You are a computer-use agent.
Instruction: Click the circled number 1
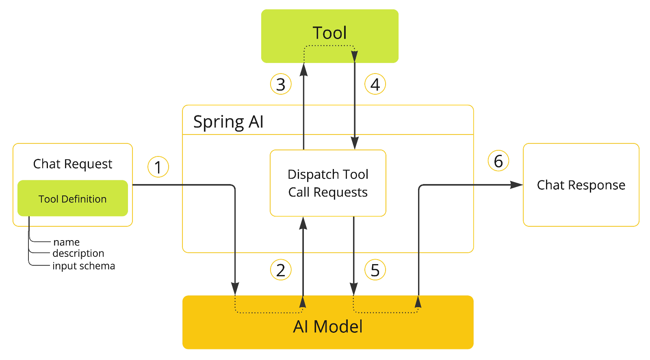[x=158, y=167]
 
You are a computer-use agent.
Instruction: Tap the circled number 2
[x=281, y=270]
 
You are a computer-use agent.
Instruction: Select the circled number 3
[x=281, y=85]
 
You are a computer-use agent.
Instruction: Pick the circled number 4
[x=375, y=85]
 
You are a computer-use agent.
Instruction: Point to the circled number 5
[x=375, y=270]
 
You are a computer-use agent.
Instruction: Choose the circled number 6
[x=498, y=161]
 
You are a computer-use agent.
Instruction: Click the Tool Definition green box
[x=73, y=199]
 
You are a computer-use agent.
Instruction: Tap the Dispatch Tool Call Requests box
[x=328, y=183]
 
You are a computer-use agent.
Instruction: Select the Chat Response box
[x=581, y=185]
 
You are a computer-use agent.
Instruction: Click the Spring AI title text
[x=228, y=121]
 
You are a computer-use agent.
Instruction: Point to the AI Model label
[x=328, y=327]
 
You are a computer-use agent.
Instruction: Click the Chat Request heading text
[x=73, y=164]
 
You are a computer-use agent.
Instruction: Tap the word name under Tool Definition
[x=66, y=242]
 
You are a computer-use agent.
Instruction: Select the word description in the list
[x=78, y=254]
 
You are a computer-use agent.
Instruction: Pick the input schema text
[x=84, y=266]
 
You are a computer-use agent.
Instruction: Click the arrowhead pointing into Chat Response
[x=517, y=185]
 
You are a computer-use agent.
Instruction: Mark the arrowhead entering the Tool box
[x=303, y=70]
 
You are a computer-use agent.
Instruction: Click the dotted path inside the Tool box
[x=329, y=46]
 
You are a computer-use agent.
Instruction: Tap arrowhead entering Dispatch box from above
[x=355, y=143]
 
